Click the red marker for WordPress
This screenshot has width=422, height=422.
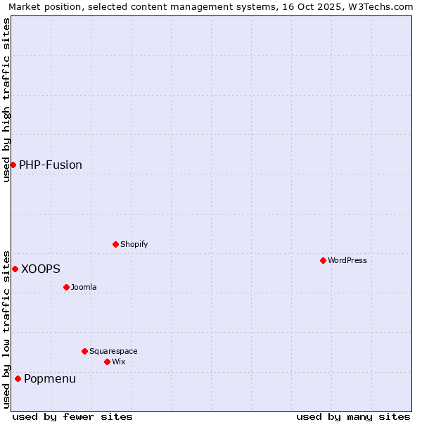click(x=323, y=260)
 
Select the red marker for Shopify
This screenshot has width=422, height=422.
click(x=115, y=244)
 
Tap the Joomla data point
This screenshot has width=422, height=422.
click(x=66, y=287)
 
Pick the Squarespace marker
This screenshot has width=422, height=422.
click(x=84, y=351)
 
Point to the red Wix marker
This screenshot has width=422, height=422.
click(x=107, y=362)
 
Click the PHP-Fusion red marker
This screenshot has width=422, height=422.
click(x=13, y=165)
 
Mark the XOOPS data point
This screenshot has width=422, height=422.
click(x=15, y=269)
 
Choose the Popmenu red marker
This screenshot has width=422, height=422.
click(x=18, y=378)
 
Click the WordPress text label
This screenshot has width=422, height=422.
click(x=347, y=260)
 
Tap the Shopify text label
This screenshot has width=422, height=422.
click(x=134, y=244)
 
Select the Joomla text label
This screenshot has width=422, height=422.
click(x=84, y=287)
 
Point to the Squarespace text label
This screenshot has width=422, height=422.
click(x=113, y=351)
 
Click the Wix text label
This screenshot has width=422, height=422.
click(x=118, y=362)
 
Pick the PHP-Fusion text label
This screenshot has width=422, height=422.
click(x=51, y=165)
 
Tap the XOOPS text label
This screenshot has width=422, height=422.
click(x=41, y=269)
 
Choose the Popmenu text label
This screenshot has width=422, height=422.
click(x=50, y=378)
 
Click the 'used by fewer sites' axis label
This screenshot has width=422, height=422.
click(x=72, y=416)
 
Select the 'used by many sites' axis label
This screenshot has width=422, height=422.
click(x=353, y=416)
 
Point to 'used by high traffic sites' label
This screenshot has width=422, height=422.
click(x=6, y=100)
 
